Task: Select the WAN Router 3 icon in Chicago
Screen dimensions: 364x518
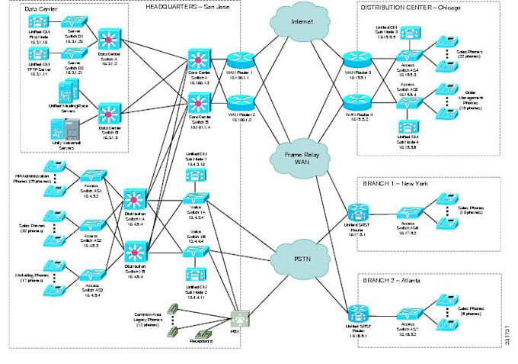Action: pos(356,59)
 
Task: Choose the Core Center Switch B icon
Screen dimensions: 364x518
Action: pos(199,101)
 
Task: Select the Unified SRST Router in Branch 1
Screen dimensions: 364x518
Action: pos(355,212)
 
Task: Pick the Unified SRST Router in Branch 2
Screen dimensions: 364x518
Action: pos(355,311)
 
